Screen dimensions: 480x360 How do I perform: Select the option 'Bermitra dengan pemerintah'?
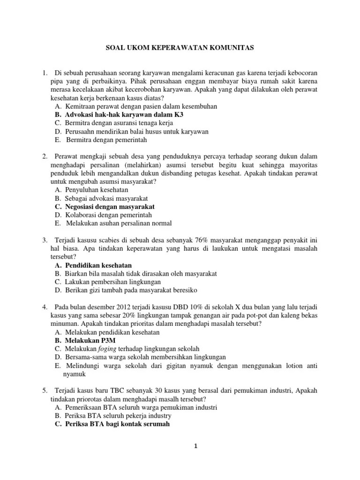[107, 140]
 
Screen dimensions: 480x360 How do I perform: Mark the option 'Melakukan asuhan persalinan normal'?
[119, 224]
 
